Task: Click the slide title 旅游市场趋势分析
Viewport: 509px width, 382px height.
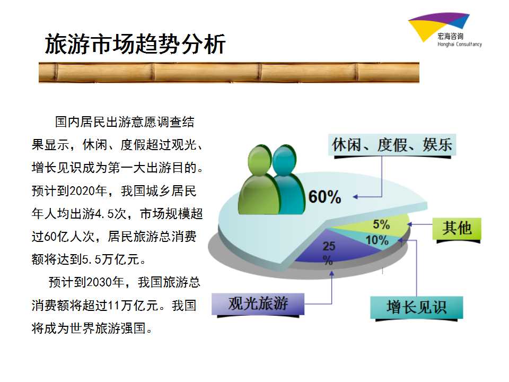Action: pos(135,44)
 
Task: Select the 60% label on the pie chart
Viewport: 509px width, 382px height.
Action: pos(324,197)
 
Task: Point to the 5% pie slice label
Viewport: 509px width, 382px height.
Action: pos(381,224)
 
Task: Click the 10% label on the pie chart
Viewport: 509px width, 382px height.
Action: pos(377,240)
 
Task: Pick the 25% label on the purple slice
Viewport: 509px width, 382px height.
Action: pos(329,253)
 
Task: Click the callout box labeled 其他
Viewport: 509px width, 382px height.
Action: pos(457,228)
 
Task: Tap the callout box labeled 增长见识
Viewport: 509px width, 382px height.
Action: pos(417,307)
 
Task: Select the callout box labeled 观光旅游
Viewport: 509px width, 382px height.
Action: pos(258,304)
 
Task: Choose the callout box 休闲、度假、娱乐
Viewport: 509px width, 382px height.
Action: pos(392,144)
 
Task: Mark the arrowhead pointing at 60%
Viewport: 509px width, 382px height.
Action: pos(355,196)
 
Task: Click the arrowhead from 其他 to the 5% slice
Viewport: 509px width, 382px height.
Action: pos(410,224)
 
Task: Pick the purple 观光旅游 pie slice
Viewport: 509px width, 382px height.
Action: pos(335,247)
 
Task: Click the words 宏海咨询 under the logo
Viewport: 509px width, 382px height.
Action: pos(450,36)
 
